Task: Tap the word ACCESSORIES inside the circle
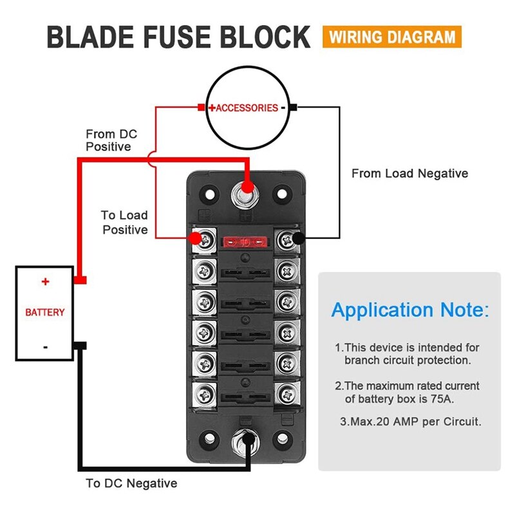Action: pyautogui.click(x=247, y=108)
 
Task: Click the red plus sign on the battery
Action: pyautogui.click(x=45, y=282)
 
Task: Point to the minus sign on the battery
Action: pyautogui.click(x=45, y=347)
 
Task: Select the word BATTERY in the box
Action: pyautogui.click(x=45, y=312)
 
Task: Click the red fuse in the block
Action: pyautogui.click(x=244, y=243)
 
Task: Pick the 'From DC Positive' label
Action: pyautogui.click(x=111, y=140)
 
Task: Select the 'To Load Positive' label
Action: pyautogui.click(x=125, y=223)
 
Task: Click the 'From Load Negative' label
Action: pyautogui.click(x=409, y=173)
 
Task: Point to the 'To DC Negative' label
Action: pyautogui.click(x=131, y=483)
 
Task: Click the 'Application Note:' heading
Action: pyautogui.click(x=409, y=310)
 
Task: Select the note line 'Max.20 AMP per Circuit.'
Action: pyautogui.click(x=410, y=422)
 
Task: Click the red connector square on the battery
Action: pyautogui.click(x=81, y=281)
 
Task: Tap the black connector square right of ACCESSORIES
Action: pyautogui.click(x=293, y=108)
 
